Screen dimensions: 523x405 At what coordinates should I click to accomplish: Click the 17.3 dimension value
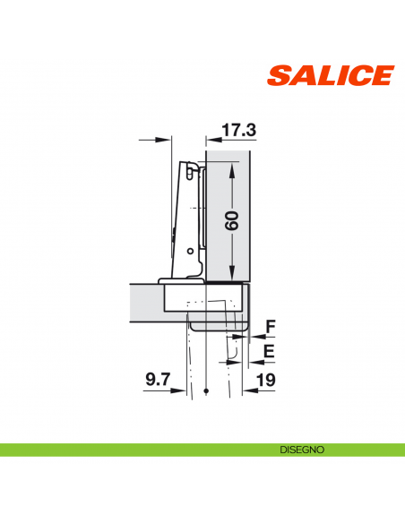[238, 131]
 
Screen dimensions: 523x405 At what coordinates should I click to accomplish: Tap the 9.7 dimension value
[158, 380]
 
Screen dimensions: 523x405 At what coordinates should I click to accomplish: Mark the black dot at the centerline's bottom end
[206, 392]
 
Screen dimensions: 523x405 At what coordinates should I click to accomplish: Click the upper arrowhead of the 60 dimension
[233, 169]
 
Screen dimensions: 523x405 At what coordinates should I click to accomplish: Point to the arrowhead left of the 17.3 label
[211, 139]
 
